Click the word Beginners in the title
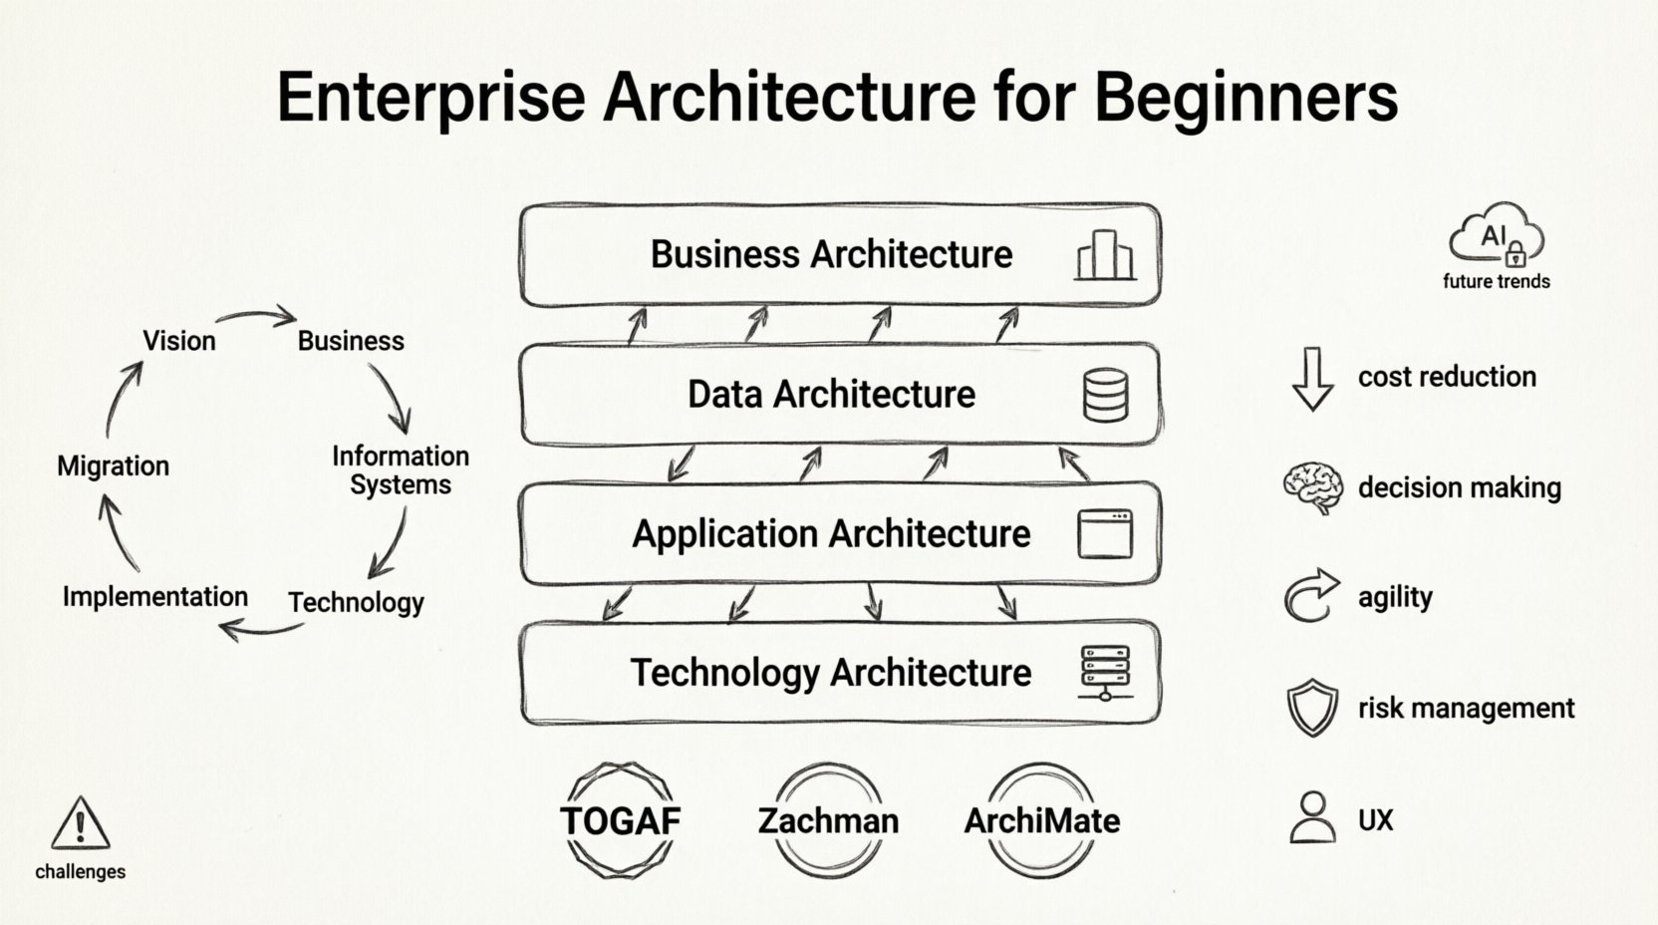[1244, 97]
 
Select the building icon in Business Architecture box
[1105, 255]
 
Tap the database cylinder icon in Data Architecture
[1105, 395]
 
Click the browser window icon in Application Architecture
[1105, 534]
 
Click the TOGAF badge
[620, 820]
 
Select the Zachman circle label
[828, 820]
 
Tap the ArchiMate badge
[1041, 820]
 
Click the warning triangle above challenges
[80, 823]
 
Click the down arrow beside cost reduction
[1312, 379]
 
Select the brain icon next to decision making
[1312, 487]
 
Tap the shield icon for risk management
[1312, 708]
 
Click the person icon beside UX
[1312, 818]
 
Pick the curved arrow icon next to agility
[1310, 596]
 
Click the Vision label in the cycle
[179, 341]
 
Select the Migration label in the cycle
[113, 465]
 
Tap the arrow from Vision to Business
[257, 318]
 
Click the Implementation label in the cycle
[154, 596]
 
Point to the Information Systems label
[400, 470]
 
